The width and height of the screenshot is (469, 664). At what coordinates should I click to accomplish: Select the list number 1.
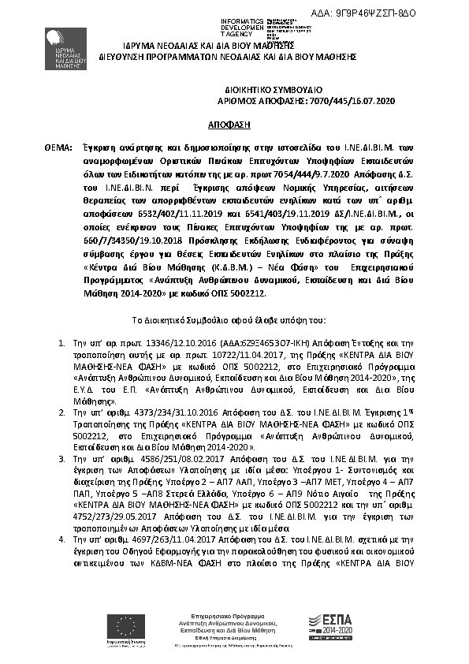click(63, 344)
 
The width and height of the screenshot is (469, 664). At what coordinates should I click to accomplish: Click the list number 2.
click(63, 412)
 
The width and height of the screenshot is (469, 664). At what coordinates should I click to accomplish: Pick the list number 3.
click(63, 457)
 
